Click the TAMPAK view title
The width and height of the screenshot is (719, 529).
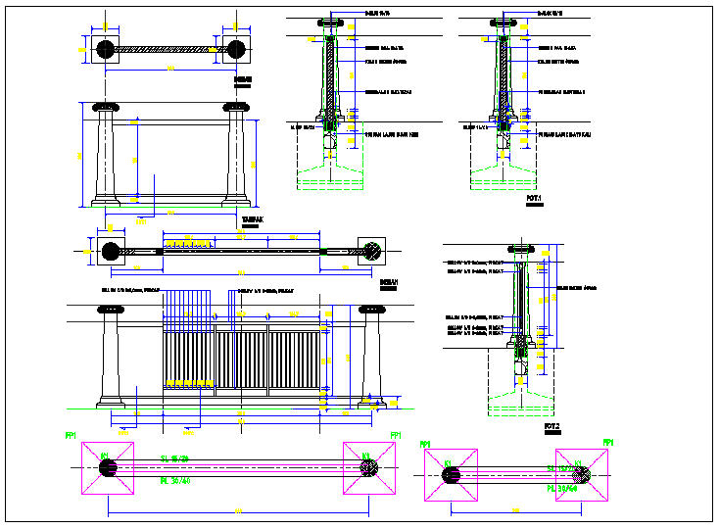252,220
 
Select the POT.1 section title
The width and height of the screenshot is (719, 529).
534,198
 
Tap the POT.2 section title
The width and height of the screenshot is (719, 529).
551,427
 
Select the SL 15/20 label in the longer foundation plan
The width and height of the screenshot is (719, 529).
175,458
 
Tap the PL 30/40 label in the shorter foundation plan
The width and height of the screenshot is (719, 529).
563,487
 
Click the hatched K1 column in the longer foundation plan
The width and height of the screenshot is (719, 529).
367,468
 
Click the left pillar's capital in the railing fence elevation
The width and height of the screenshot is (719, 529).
111,311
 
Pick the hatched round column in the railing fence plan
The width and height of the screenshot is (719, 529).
372,250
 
